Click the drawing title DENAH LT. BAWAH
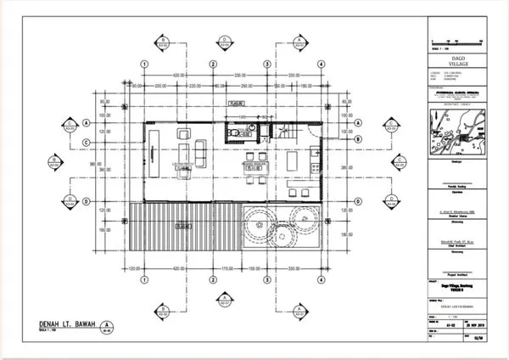[x=69, y=323]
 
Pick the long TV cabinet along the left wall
[x=151, y=154]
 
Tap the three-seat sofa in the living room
[x=201, y=153]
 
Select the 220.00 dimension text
[x=194, y=86]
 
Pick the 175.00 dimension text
[x=225, y=268]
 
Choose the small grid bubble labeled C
[x=85, y=181]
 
